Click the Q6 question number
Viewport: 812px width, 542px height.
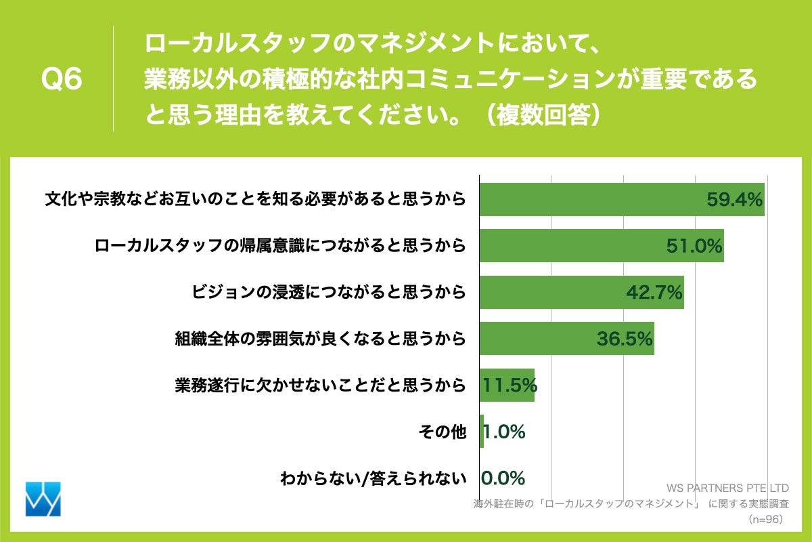[62, 80]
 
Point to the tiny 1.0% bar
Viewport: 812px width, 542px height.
[482, 431]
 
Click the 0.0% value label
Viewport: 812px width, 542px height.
[503, 478]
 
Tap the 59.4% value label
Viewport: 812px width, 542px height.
[735, 200]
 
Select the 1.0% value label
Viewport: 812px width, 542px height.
[505, 432]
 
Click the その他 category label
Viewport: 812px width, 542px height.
[444, 432]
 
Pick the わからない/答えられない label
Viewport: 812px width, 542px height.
[374, 478]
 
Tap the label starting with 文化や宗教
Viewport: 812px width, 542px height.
[255, 200]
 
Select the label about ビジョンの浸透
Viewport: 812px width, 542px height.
[330, 292]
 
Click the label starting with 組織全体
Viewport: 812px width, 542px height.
[320, 339]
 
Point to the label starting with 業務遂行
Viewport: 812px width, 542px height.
[320, 385]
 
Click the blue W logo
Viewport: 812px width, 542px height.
[43, 499]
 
